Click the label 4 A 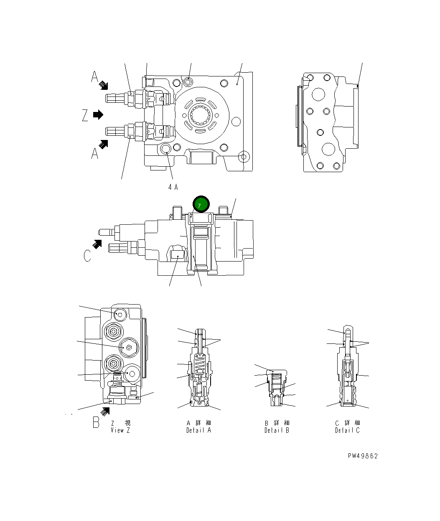(x=173, y=187)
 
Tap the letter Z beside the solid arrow (x=85, y=115)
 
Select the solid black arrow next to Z (x=98, y=114)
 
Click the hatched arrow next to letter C (x=97, y=244)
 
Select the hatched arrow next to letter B (x=104, y=411)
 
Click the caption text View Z (x=120, y=430)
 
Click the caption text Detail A (x=199, y=430)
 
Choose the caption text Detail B (x=277, y=430)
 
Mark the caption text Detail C (x=347, y=430)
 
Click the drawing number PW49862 (x=362, y=456)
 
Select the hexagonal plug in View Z (x=128, y=347)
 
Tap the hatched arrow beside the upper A (x=103, y=86)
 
